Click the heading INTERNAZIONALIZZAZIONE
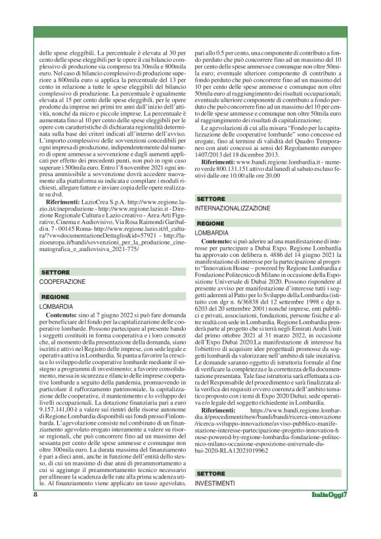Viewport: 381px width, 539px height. click(233, 208)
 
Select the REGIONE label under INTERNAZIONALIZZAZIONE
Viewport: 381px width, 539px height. click(210, 223)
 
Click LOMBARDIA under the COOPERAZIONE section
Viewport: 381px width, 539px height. click(56, 307)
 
